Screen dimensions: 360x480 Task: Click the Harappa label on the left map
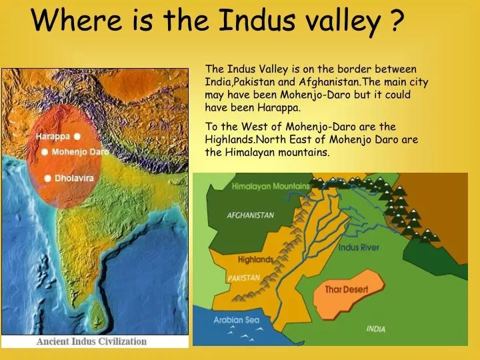pyautogui.click(x=52, y=137)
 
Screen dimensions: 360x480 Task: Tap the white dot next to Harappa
pyautogui.click(x=77, y=136)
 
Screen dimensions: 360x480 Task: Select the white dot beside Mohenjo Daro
pyautogui.click(x=45, y=152)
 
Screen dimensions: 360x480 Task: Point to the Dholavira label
pyautogui.click(x=75, y=178)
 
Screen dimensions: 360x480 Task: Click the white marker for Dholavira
pyautogui.click(x=48, y=178)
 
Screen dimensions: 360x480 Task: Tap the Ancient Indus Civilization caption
pyautogui.click(x=91, y=341)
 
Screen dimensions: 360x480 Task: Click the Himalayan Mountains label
pyautogui.click(x=271, y=187)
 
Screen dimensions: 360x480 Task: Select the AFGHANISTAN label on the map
pyautogui.click(x=251, y=215)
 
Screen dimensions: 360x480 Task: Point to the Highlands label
pyautogui.click(x=255, y=259)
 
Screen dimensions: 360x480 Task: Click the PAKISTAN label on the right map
pyautogui.click(x=243, y=278)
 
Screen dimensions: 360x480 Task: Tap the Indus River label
pyautogui.click(x=359, y=248)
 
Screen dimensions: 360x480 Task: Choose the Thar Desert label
pyautogui.click(x=346, y=289)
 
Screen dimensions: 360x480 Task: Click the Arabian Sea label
pyautogui.click(x=236, y=320)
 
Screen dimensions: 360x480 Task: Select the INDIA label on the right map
pyautogui.click(x=375, y=329)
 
